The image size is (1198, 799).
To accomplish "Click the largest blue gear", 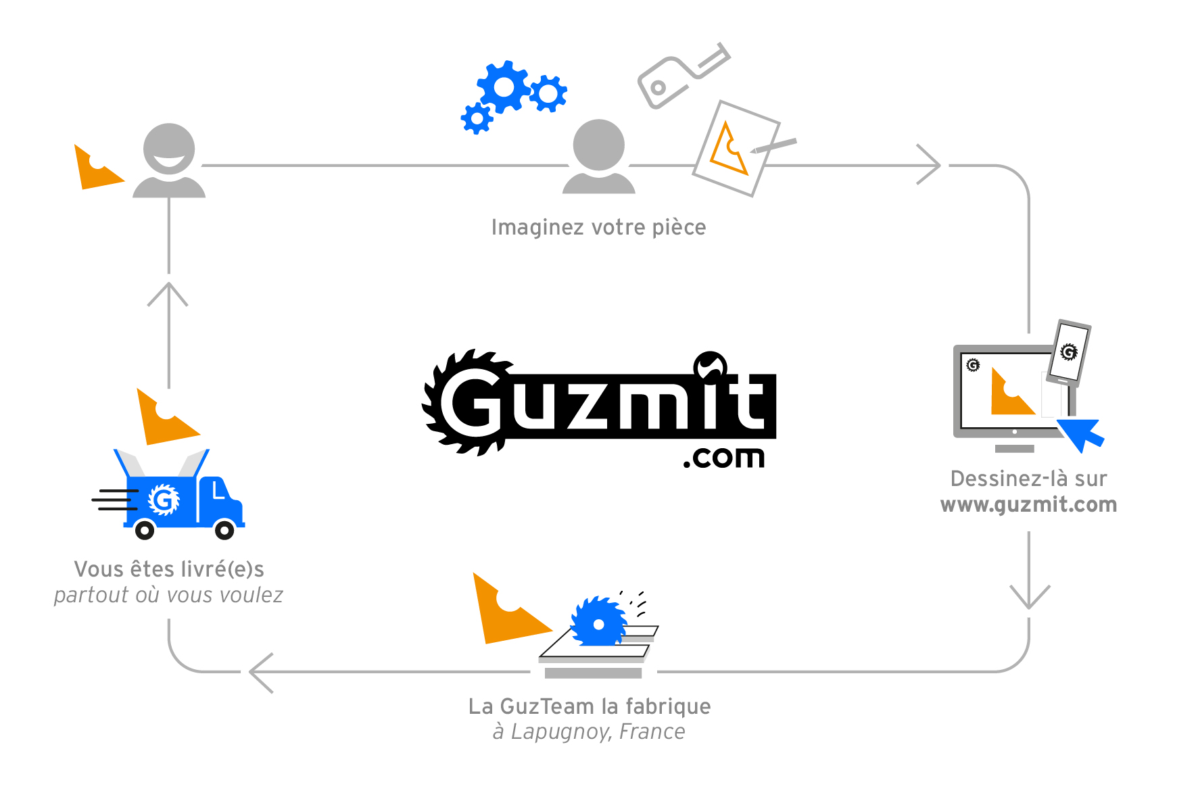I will pyautogui.click(x=504, y=87).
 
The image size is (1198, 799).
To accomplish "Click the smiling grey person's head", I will pyautogui.click(x=169, y=149).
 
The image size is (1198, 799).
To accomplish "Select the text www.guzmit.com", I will pyautogui.click(x=1028, y=505).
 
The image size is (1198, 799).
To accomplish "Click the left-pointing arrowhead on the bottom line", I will pyautogui.click(x=260, y=672).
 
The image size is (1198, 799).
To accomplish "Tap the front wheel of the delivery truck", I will pyautogui.click(x=224, y=531).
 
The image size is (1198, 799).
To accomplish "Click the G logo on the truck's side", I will pyautogui.click(x=163, y=500).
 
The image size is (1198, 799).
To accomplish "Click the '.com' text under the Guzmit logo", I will pyautogui.click(x=724, y=458).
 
